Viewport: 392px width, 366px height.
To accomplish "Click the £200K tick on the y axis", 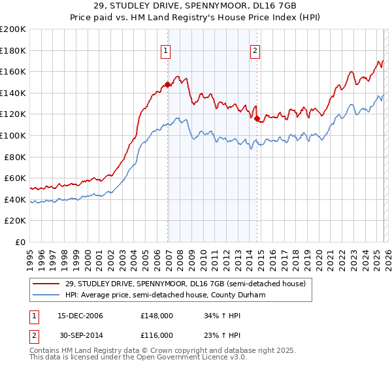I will coord(13,29).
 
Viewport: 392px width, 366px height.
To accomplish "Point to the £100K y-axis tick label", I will coord(13,135).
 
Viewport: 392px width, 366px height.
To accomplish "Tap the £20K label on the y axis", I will coord(16,221).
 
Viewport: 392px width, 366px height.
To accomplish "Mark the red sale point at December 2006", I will coord(168,84).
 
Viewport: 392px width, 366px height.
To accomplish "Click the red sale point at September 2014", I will coord(257,119).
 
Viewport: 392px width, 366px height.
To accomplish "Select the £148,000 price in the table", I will coord(156,316).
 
